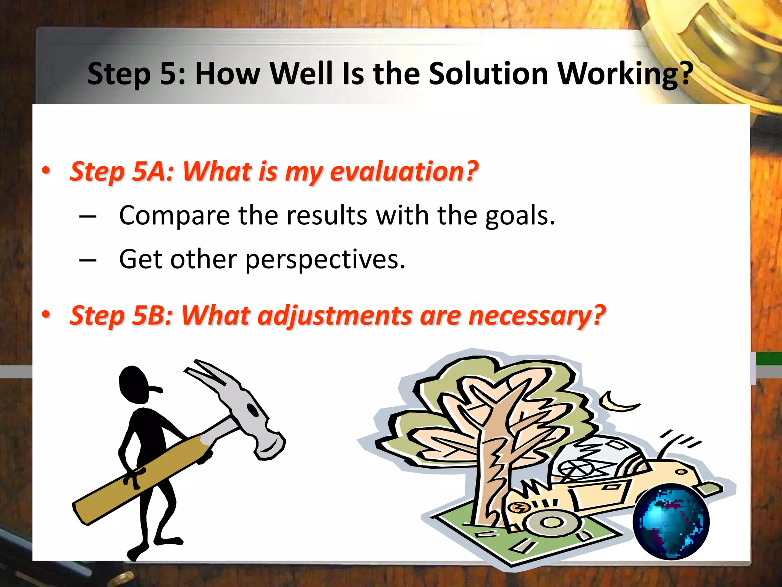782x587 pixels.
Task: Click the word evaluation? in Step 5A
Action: (x=404, y=171)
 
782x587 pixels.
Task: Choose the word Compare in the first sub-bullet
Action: (x=174, y=216)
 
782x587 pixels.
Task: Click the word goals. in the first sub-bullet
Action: (x=520, y=216)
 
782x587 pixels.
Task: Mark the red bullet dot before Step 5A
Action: (x=46, y=170)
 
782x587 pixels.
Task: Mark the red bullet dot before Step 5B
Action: (x=46, y=315)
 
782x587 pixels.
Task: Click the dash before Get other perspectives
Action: (x=88, y=260)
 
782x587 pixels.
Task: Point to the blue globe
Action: (x=671, y=522)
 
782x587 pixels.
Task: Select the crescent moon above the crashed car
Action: (x=617, y=403)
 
